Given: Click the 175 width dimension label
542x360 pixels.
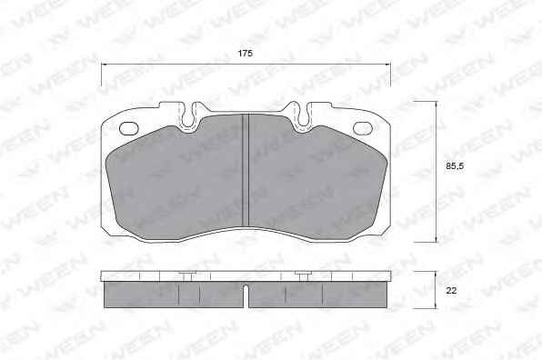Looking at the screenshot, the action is point(245,54).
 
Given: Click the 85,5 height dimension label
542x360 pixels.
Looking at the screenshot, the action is point(455,166).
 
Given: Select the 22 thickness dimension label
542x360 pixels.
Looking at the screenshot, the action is point(451,291).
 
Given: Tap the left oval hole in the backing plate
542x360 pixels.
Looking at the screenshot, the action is point(129,128).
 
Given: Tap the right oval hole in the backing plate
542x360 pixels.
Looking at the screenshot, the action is point(363,128).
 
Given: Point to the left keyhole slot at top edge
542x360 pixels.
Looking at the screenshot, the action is point(188,115).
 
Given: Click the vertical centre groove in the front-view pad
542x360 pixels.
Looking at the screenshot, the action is point(246,171).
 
